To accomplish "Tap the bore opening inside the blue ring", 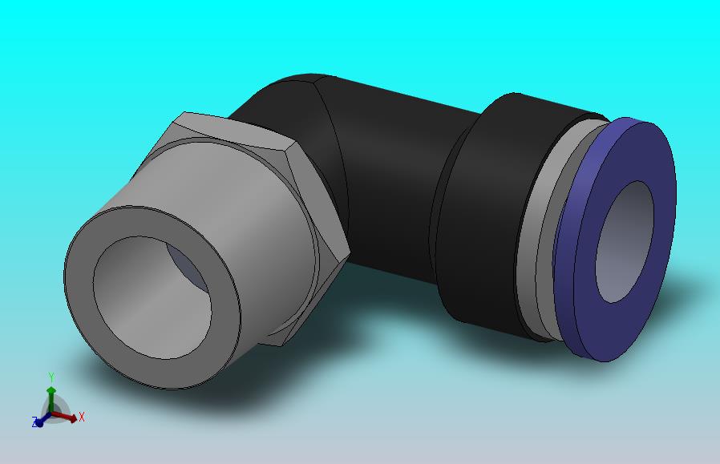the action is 625,242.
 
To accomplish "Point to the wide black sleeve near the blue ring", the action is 478,216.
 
